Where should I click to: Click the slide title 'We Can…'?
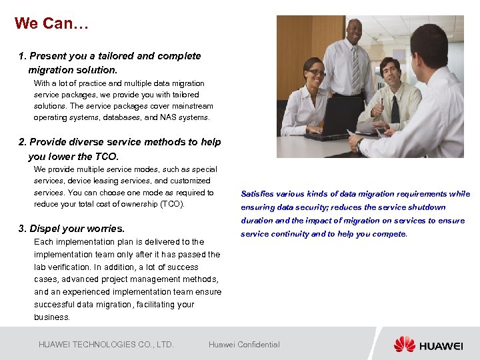click(51, 23)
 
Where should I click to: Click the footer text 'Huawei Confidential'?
click(244, 345)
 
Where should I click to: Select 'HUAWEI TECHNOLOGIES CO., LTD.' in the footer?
click(106, 345)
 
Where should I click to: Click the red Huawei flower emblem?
click(404, 344)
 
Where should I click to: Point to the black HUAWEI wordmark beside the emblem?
click(441, 345)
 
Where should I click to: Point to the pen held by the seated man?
click(382, 101)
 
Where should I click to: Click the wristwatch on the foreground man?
click(360, 144)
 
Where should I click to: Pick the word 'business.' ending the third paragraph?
click(52, 317)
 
